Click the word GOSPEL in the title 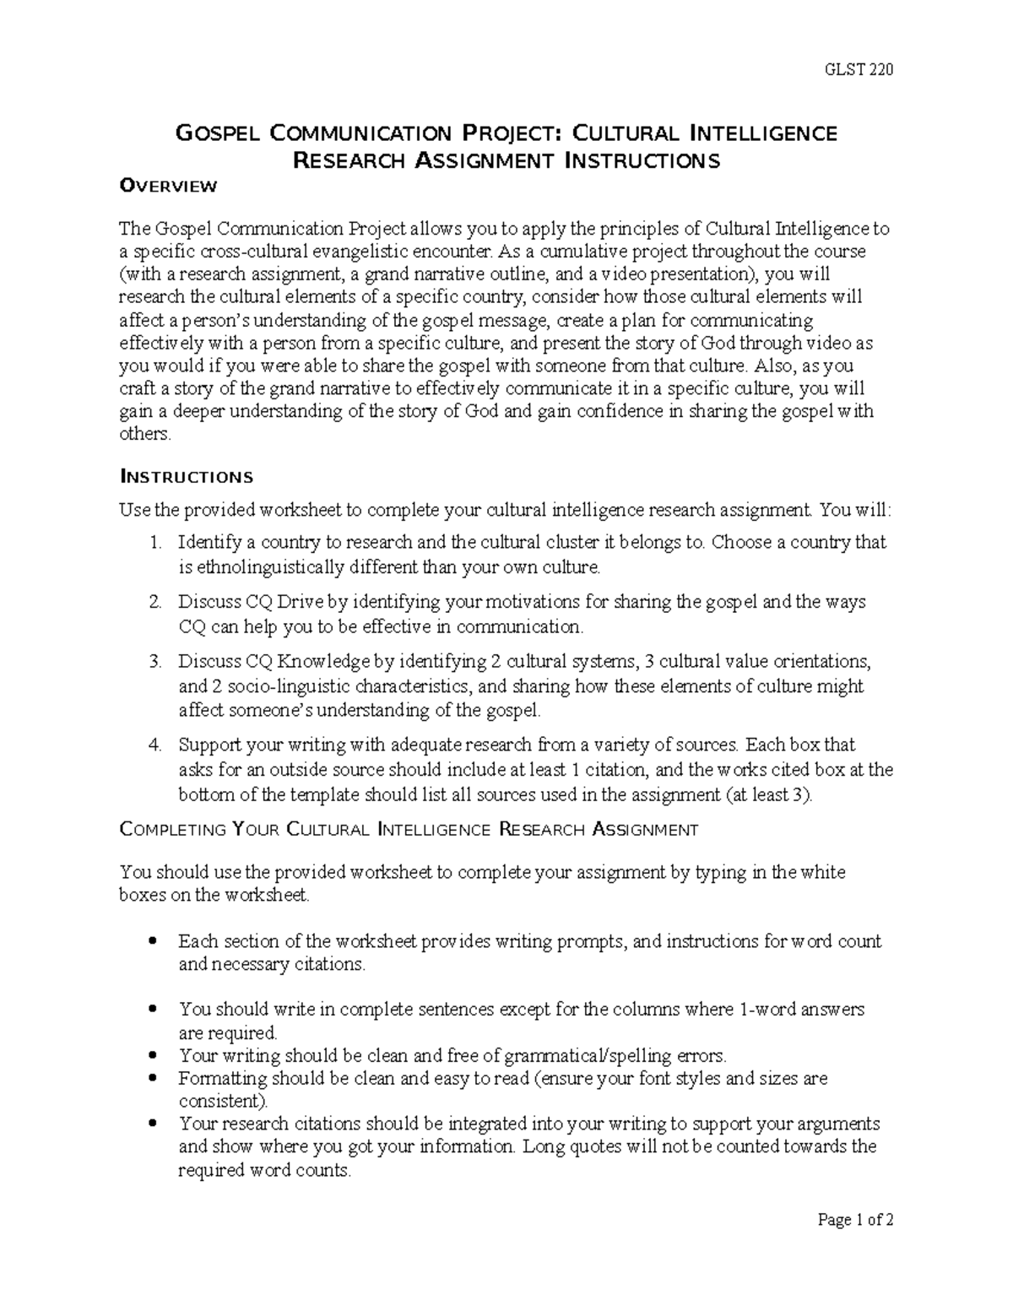click(x=216, y=133)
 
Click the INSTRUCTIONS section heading click(x=186, y=477)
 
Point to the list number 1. click(x=154, y=542)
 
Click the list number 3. click(x=154, y=661)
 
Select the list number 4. click(x=154, y=745)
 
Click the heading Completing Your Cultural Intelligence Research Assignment click(x=409, y=830)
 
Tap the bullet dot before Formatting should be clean click(x=153, y=1078)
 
